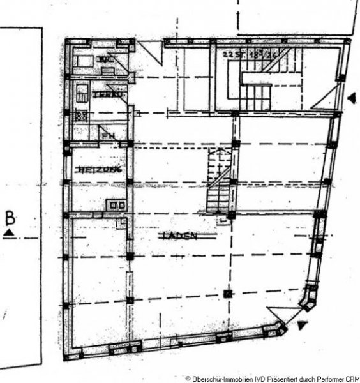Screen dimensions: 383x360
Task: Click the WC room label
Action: [x=105, y=60]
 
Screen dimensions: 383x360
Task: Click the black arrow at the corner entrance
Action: [x=301, y=326]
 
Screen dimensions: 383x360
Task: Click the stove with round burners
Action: [x=81, y=116]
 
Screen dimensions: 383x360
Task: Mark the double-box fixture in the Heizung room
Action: [x=117, y=206]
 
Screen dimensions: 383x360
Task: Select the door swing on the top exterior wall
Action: [x=151, y=52]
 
